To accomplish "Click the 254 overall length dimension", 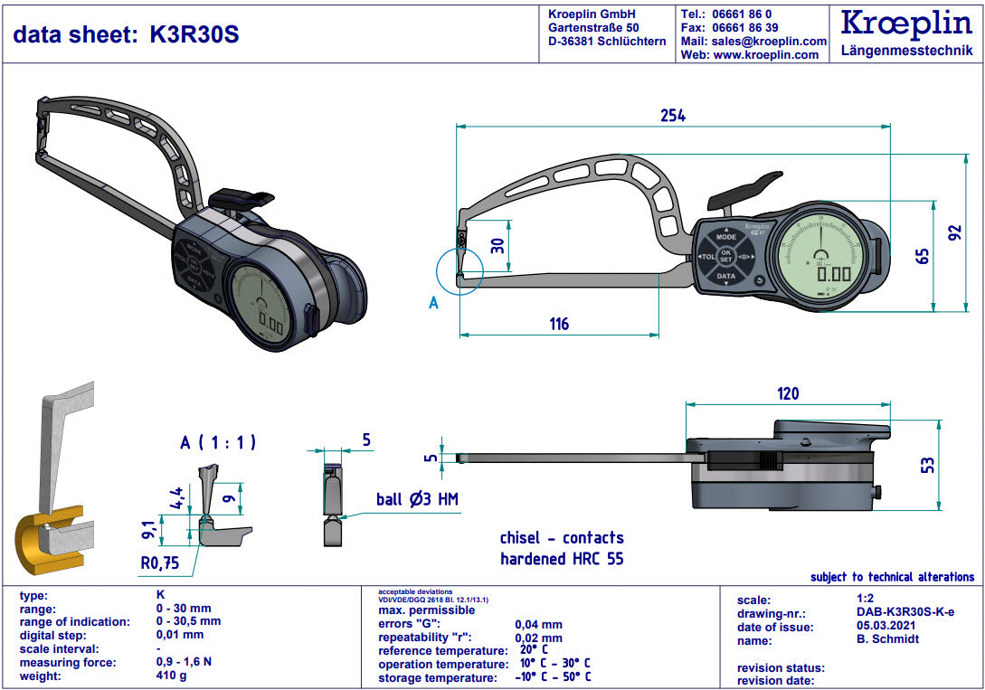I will [x=672, y=116].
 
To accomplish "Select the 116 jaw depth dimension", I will [x=560, y=324].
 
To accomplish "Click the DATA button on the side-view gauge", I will [x=725, y=276].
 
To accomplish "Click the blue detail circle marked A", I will [x=459, y=271].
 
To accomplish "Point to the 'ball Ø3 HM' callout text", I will [x=418, y=499].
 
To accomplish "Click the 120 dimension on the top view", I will [x=788, y=393].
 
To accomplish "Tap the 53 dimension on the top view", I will [x=926, y=465].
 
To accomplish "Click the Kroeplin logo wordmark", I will [x=905, y=24].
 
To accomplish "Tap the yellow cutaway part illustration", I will [x=43, y=543].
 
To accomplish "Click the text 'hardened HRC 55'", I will [x=562, y=559].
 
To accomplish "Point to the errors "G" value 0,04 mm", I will [x=538, y=624].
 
